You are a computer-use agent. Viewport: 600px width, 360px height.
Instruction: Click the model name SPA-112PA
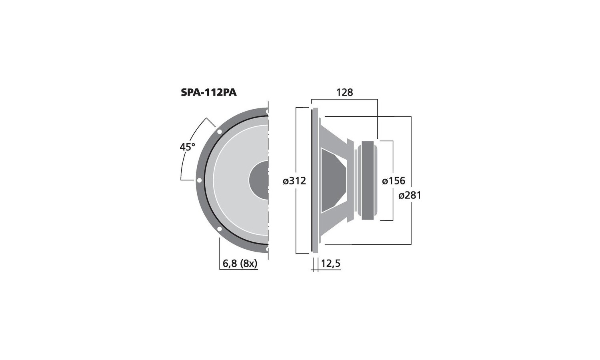tap(209, 92)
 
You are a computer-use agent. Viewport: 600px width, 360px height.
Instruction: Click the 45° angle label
tap(188, 147)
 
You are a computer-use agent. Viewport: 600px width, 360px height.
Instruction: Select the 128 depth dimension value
tap(345, 92)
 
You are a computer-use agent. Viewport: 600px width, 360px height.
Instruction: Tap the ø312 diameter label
tap(294, 181)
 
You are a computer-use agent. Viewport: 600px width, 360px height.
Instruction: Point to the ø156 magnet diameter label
tap(394, 181)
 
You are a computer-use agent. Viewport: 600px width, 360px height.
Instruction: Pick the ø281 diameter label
tap(410, 196)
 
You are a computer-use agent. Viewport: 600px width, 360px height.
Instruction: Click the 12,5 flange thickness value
tap(330, 264)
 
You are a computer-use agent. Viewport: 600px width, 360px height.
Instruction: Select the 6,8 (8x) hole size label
tap(240, 264)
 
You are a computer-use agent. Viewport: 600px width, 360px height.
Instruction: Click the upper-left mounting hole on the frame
tap(219, 132)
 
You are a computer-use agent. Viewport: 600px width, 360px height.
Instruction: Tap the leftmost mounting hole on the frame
tap(199, 180)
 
